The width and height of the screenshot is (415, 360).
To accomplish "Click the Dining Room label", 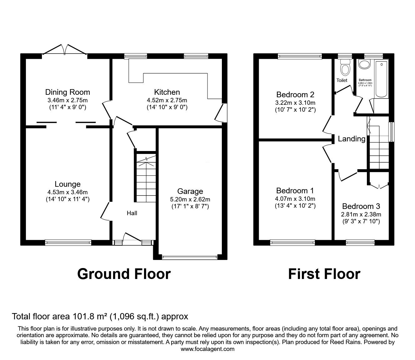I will tap(67, 92).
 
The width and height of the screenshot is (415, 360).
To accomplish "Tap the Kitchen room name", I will tap(167, 92).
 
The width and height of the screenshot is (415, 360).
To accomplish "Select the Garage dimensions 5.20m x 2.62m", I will tap(190, 199).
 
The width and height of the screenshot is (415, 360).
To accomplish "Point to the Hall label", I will tap(132, 213).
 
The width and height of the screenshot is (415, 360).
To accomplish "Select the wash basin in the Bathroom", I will tap(364, 64).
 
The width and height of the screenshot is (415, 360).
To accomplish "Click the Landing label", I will tap(352, 139).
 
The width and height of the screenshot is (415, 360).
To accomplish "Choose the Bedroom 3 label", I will tap(361, 206).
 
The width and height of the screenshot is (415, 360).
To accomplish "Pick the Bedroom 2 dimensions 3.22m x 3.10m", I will tap(295, 103).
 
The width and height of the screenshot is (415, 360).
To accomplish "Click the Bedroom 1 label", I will tap(295, 191).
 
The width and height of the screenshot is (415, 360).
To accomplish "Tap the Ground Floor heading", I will tap(124, 274).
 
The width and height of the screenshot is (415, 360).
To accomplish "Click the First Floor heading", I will tap(324, 274).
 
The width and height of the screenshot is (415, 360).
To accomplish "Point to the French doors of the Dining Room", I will tap(64, 50).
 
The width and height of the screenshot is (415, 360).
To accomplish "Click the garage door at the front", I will tap(190, 258).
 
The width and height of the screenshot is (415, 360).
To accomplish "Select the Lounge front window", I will tap(68, 242).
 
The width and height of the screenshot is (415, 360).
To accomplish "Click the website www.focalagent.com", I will tap(207, 349).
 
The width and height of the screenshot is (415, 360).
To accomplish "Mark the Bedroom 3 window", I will tap(360, 242).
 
